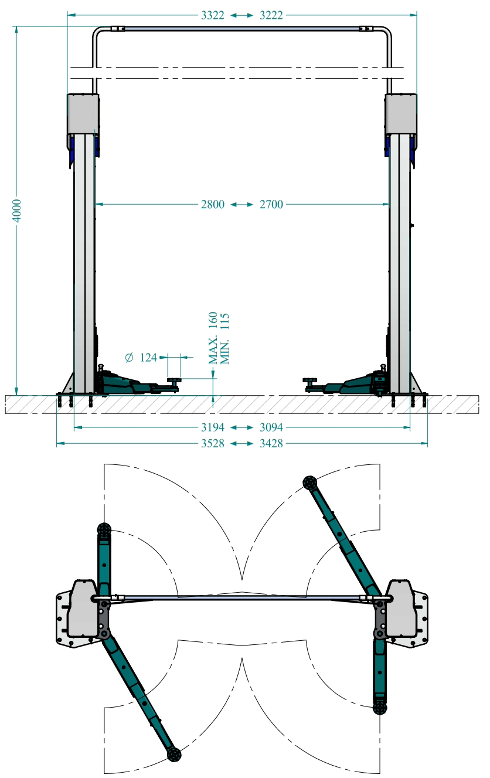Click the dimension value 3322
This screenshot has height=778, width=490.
[213, 15]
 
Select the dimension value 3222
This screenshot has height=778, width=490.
[271, 15]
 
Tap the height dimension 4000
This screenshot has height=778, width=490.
[16, 210]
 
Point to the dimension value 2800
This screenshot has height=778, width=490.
[213, 204]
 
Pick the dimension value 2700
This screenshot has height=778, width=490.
[271, 204]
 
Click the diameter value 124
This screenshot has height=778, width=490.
[148, 358]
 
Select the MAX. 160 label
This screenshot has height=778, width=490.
[213, 338]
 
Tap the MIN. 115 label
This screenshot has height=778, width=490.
[224, 339]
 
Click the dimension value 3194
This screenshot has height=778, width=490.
[213, 427]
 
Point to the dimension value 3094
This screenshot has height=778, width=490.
[271, 427]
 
